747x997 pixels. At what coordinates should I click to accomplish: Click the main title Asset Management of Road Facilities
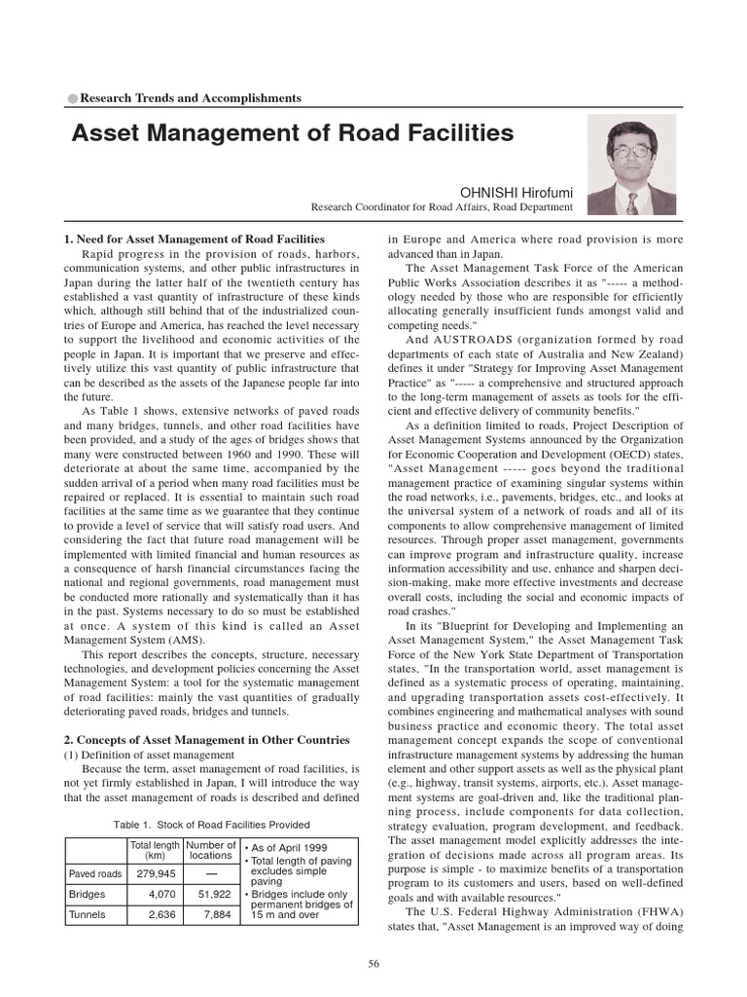click(292, 132)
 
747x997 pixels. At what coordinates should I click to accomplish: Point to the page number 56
click(373, 964)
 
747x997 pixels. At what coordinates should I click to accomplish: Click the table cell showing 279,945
click(153, 873)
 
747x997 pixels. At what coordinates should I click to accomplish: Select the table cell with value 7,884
click(214, 915)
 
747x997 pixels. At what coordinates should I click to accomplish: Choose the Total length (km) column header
click(154, 850)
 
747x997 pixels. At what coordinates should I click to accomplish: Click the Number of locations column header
click(210, 850)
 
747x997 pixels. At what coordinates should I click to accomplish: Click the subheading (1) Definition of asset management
click(150, 755)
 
